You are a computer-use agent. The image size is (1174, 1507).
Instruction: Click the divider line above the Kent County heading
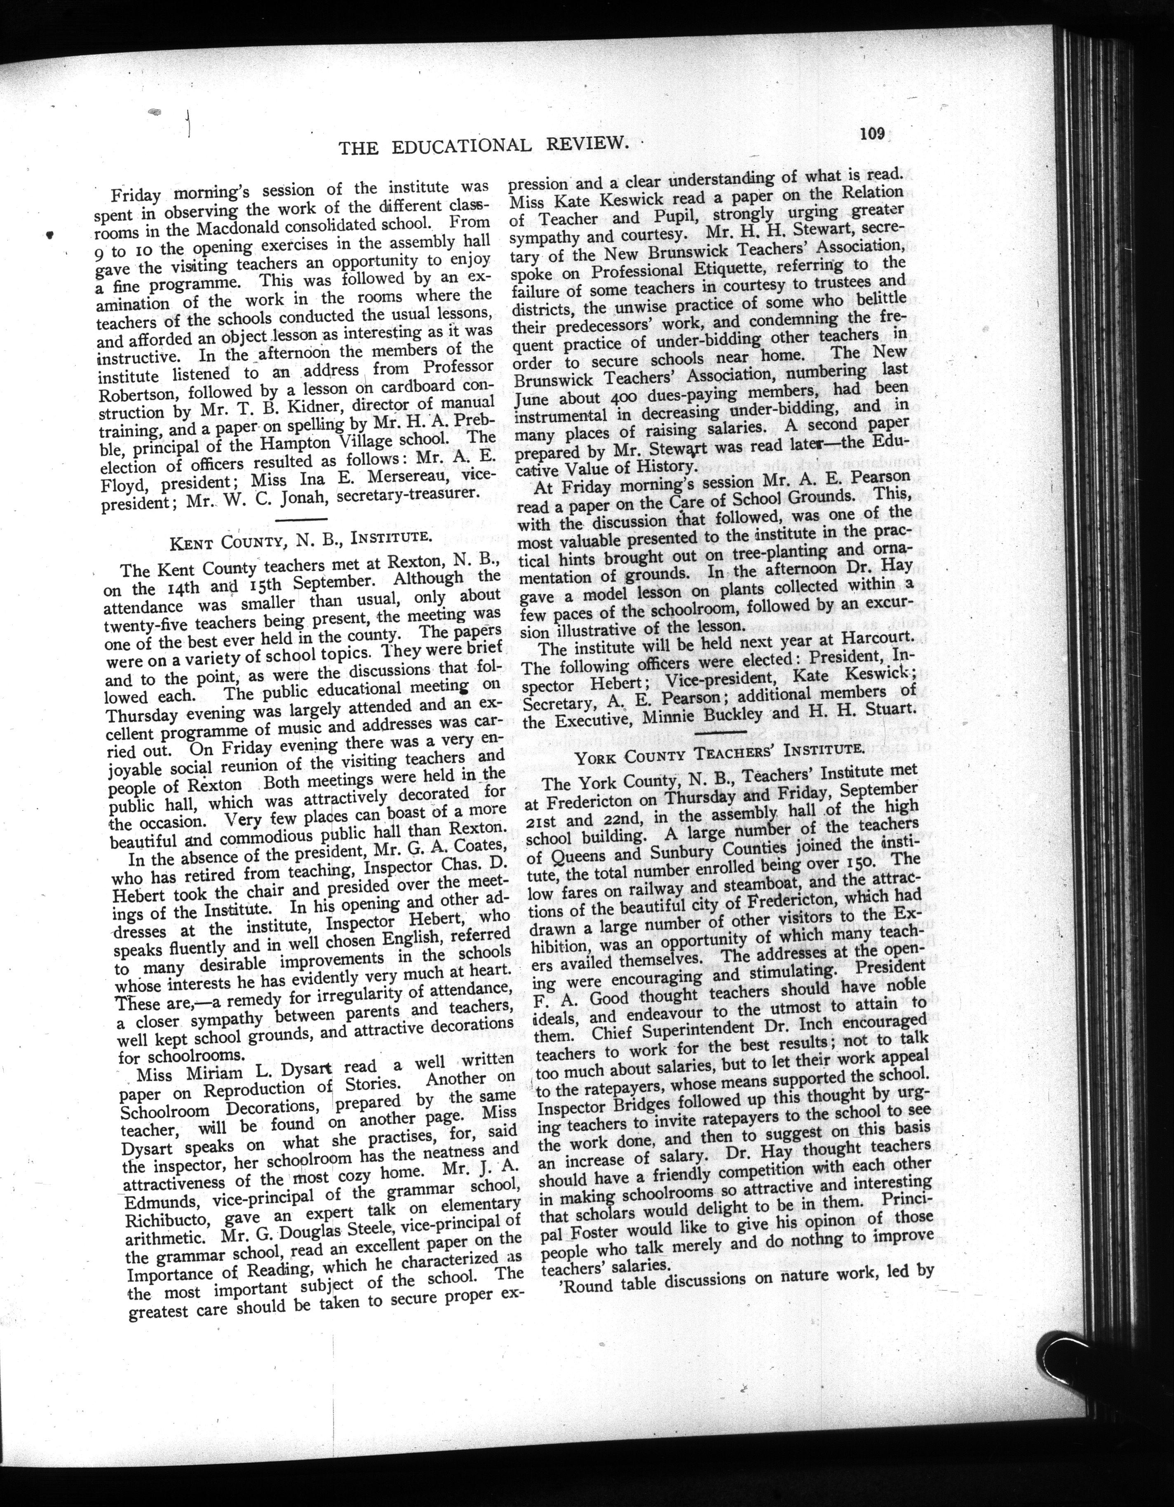(x=301, y=519)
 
